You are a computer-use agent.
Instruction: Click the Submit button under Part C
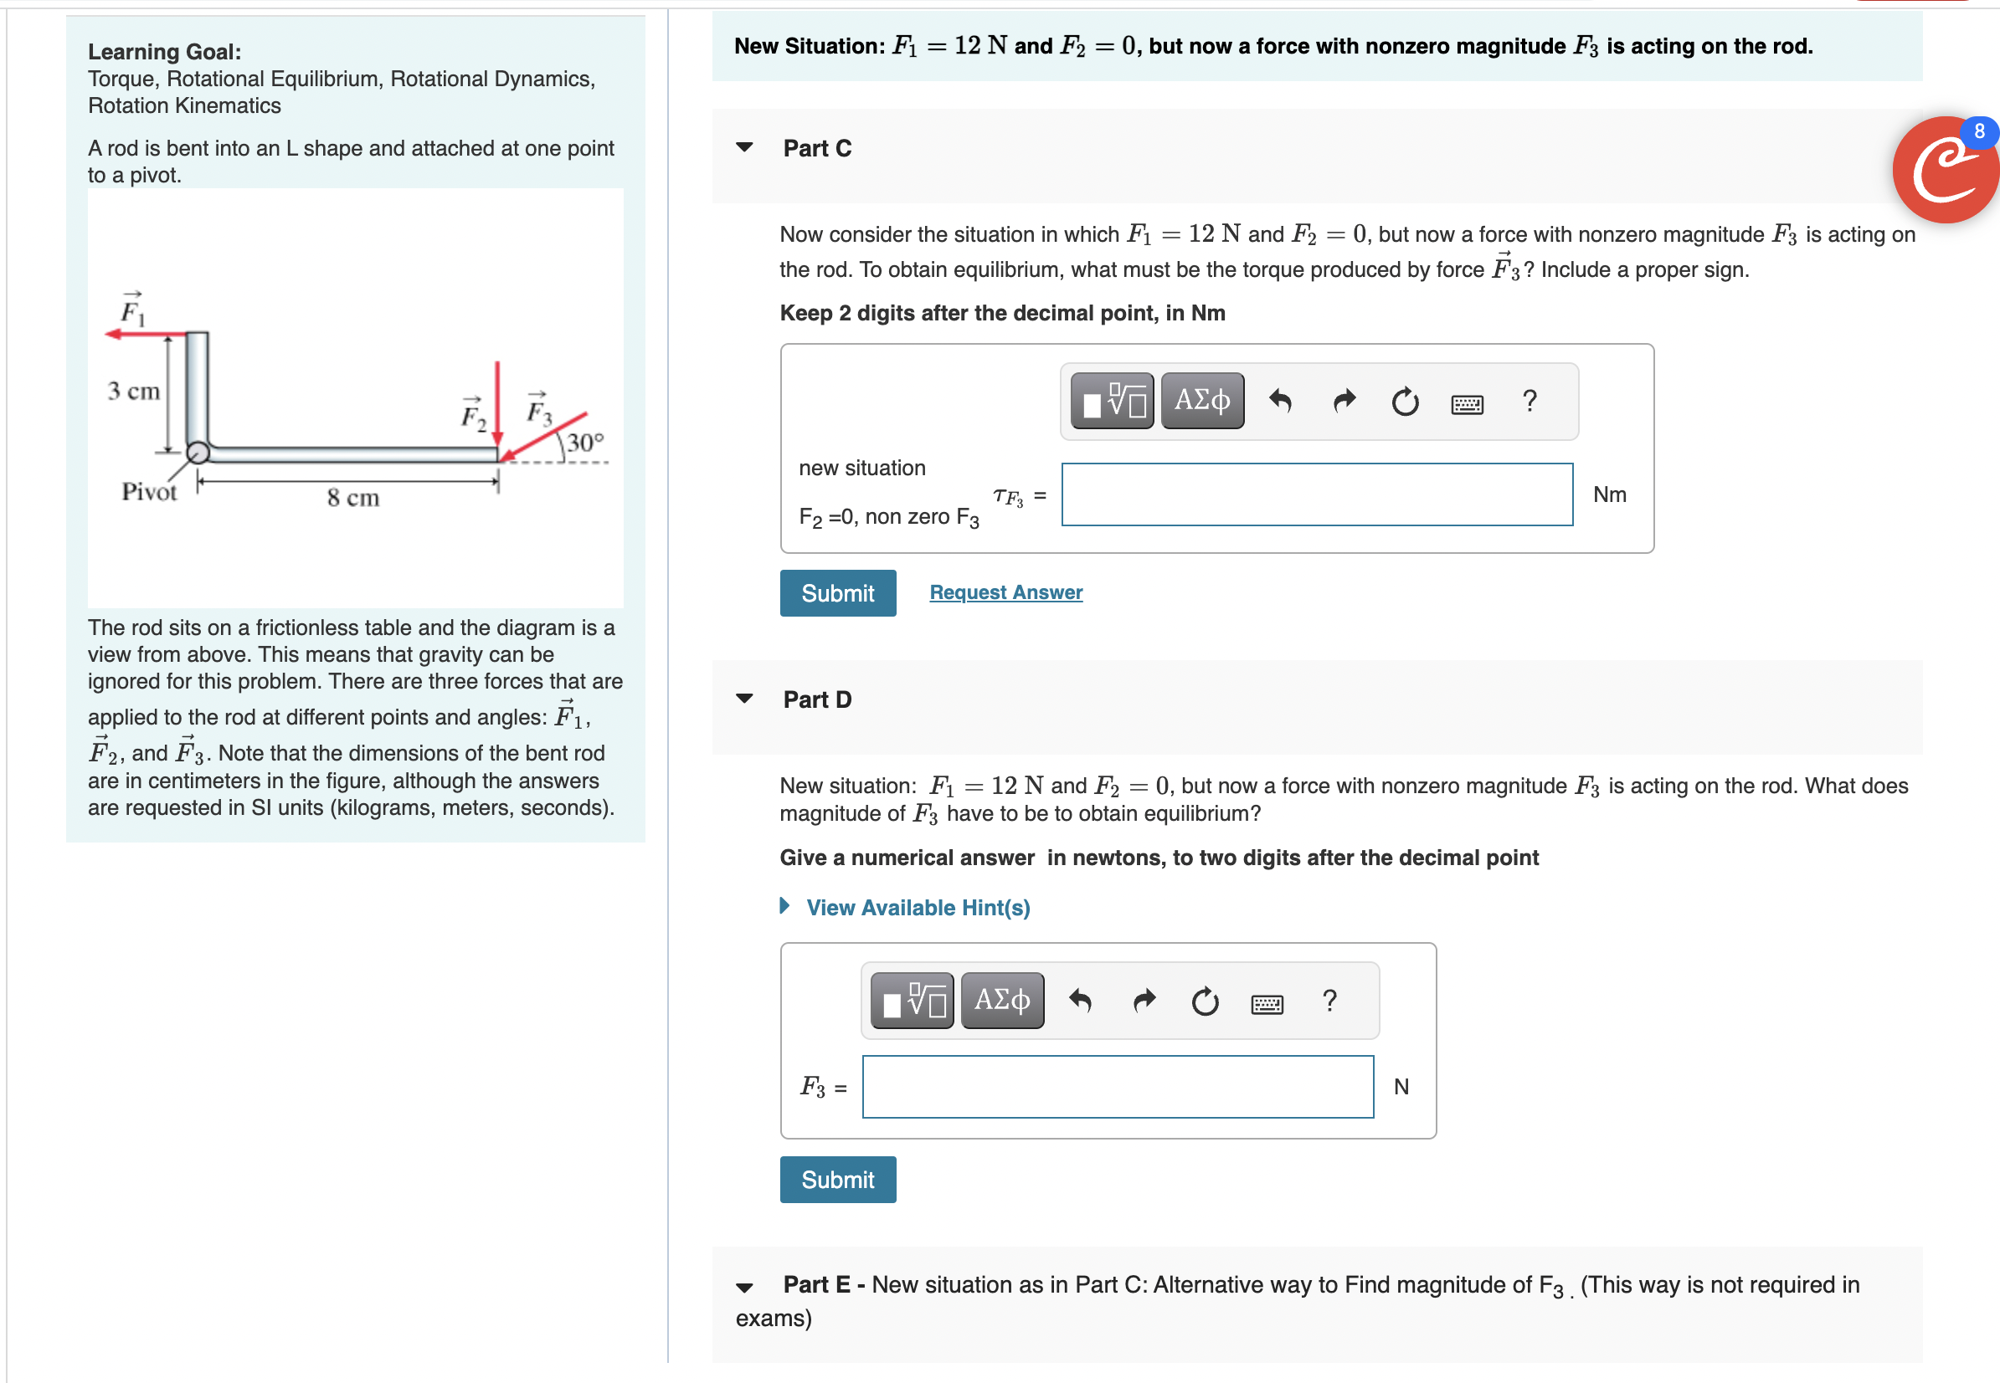pos(837,592)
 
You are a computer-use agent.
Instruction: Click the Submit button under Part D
pos(837,1180)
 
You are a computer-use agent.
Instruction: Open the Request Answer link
pos(1005,592)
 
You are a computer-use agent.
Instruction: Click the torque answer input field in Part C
pos(1316,494)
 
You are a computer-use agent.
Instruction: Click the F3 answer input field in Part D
pos(1117,1087)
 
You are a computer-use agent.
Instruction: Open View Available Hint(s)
pos(918,907)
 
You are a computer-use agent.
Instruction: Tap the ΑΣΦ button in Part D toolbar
pos(1001,1000)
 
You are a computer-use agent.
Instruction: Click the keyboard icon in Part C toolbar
pos(1467,403)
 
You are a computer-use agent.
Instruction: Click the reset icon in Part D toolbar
pos(1204,1001)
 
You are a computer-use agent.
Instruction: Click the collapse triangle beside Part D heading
pos(743,699)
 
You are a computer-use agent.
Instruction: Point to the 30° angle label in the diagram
pos(585,443)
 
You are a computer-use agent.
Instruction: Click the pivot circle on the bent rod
pos(198,453)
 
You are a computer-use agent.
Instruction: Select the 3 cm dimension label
pos(133,391)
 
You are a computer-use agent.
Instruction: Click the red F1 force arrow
pos(143,334)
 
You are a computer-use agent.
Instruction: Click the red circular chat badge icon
pos(1945,170)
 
